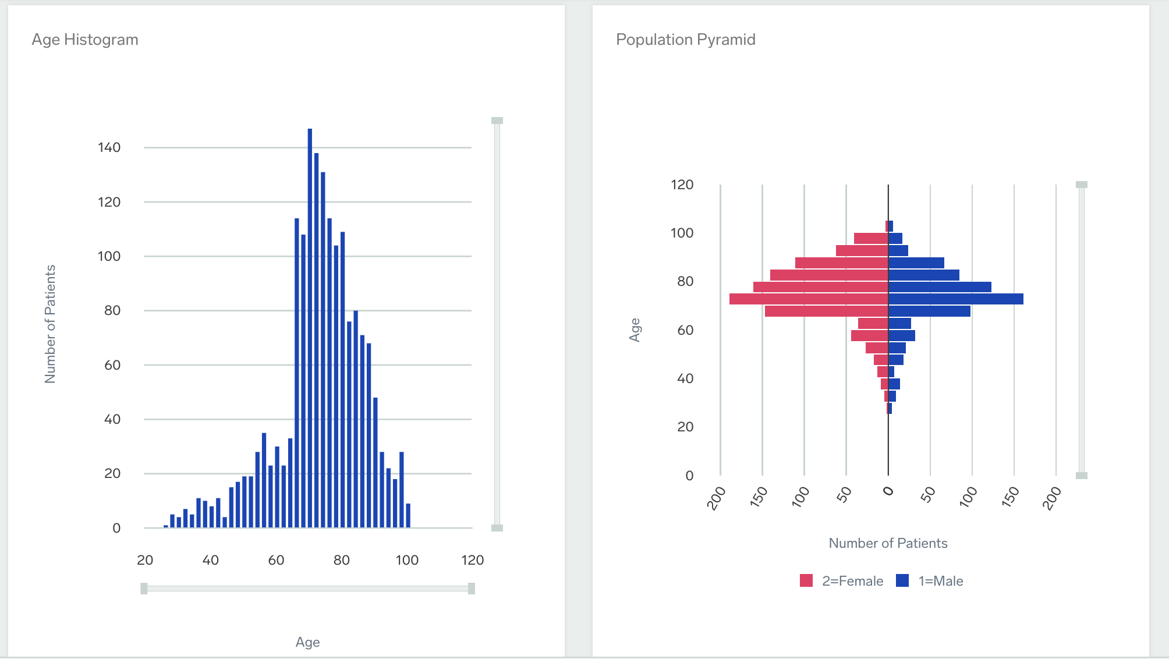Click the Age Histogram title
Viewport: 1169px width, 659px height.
85,40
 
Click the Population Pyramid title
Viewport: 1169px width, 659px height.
685,40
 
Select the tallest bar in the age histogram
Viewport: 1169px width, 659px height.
310,326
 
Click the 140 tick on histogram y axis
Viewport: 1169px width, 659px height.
109,147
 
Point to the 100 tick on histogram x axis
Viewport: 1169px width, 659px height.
407,560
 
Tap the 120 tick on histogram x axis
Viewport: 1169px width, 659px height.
472,560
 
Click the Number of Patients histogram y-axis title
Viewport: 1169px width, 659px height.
51,324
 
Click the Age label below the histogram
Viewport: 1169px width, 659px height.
307,642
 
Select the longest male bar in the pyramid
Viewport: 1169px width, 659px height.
955,299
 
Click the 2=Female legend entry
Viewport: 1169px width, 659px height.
841,581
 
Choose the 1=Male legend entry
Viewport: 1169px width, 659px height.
930,581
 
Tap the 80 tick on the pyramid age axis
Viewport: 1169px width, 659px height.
685,281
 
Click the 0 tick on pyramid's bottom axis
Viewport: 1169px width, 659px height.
888,491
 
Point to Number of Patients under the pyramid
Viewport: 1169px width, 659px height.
888,543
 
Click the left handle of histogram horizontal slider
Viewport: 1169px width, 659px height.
144,589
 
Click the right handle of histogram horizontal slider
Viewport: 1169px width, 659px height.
472,589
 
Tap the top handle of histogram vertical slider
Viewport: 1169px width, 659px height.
497,121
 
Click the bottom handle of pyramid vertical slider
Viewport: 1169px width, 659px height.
1082,476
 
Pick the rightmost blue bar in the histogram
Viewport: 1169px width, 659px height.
408,516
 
